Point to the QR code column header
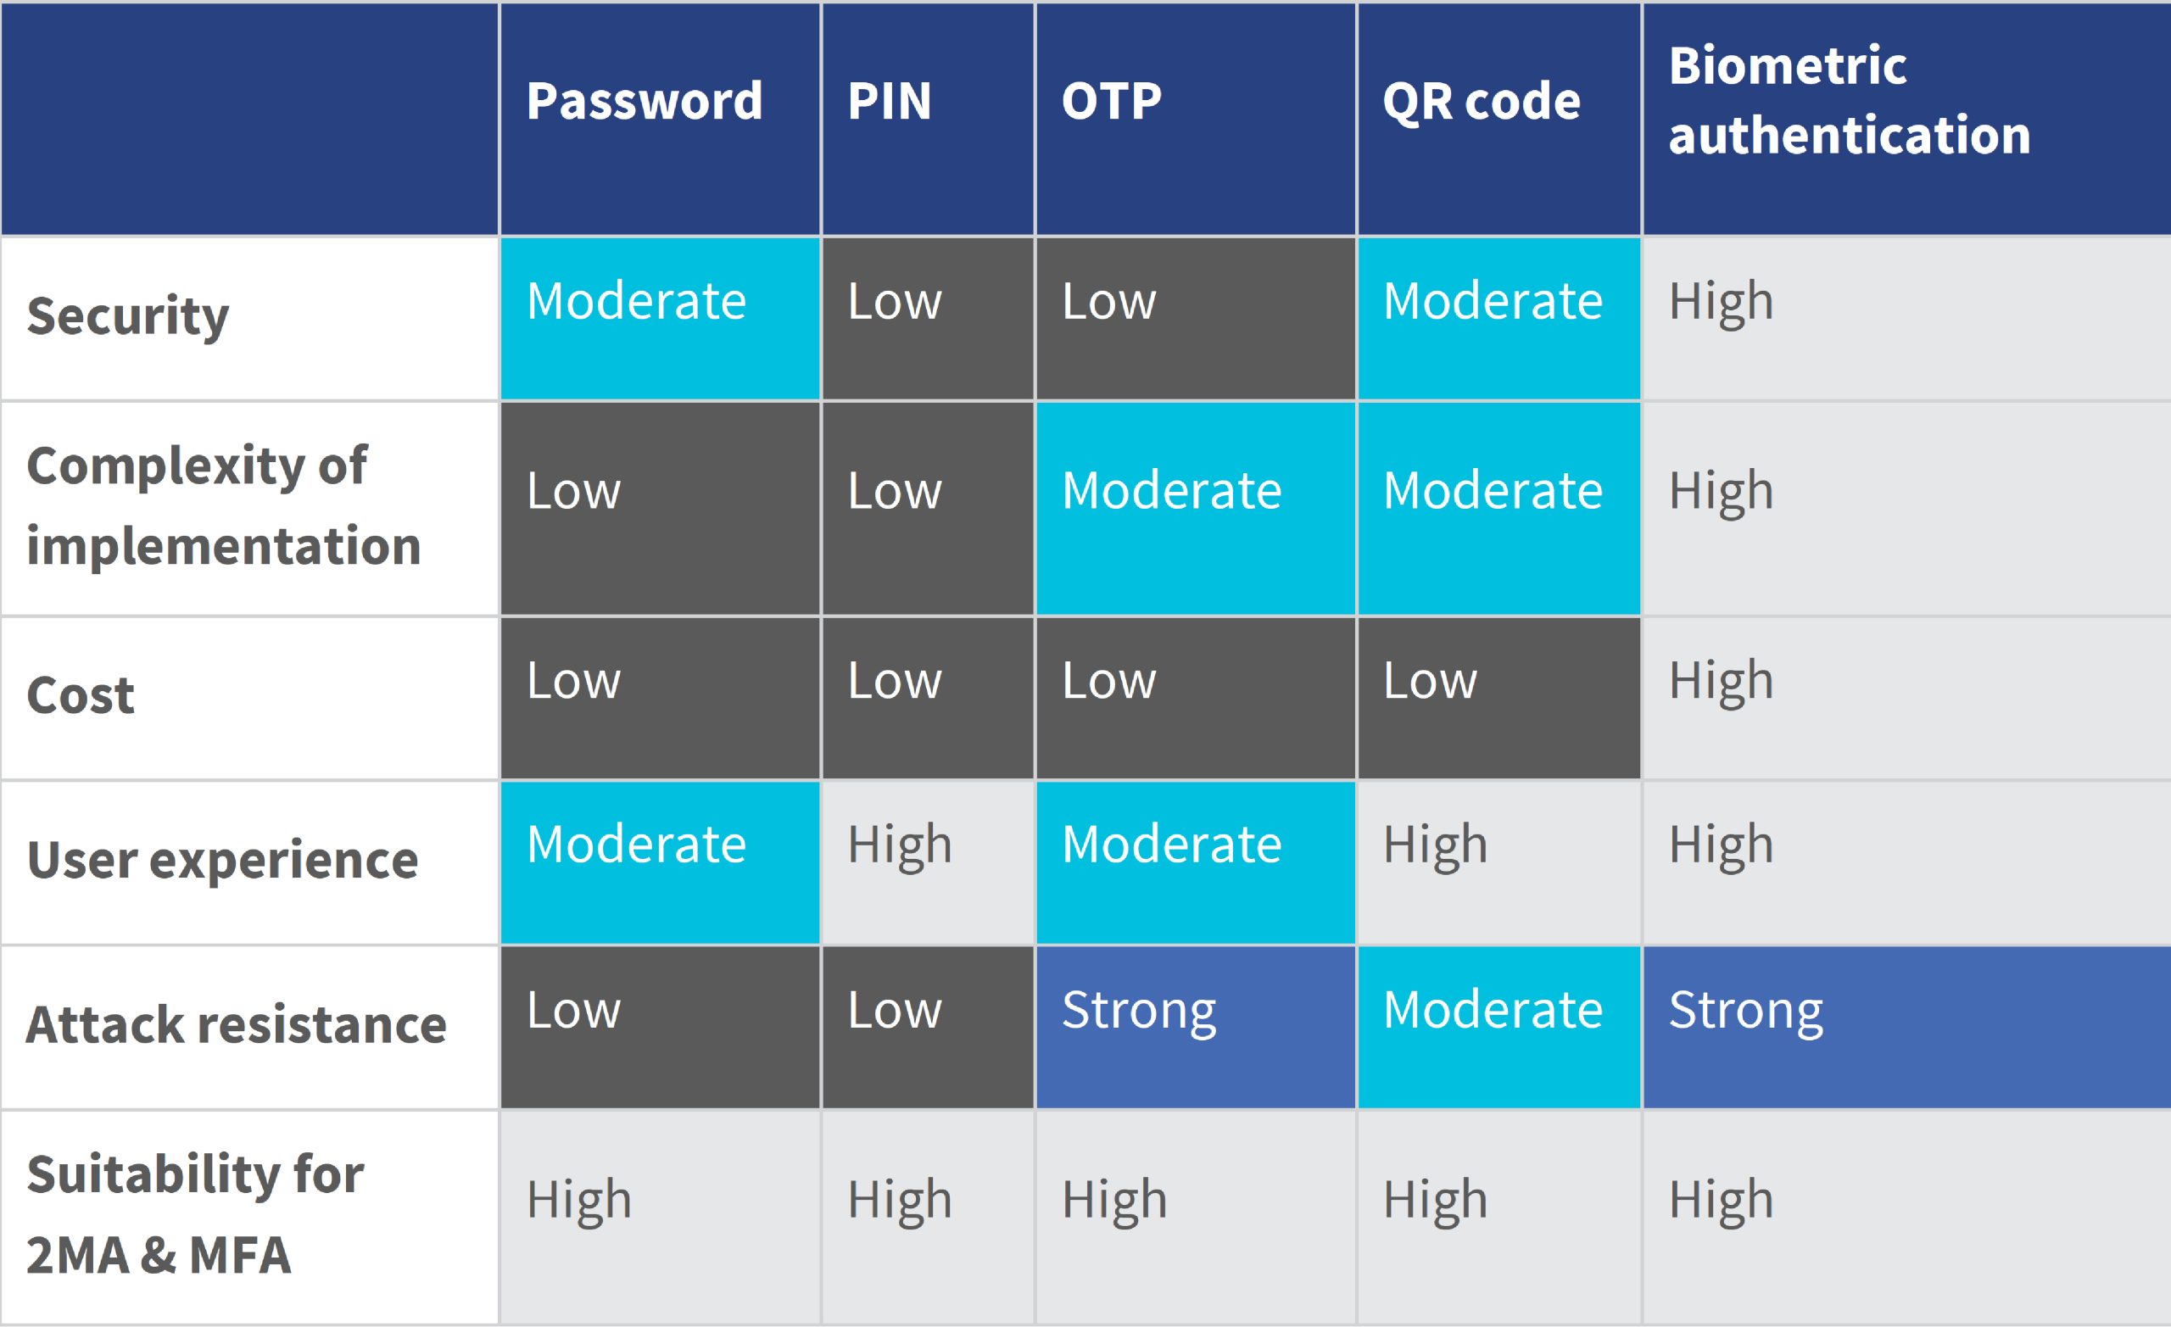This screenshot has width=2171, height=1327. tap(1481, 103)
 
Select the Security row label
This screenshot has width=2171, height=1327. tap(128, 316)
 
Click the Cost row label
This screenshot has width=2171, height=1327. tap(81, 696)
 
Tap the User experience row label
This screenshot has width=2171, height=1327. tap(222, 861)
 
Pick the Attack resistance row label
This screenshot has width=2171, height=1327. tap(236, 1025)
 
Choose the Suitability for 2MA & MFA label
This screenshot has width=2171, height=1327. tap(195, 1214)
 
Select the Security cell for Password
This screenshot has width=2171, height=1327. tap(660, 318)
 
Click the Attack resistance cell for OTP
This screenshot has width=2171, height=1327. tap(1196, 1028)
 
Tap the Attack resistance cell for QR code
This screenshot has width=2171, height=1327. tap(1498, 1028)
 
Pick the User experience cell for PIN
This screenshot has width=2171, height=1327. tap(928, 862)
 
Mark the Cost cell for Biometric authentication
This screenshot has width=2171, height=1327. tap(1906, 698)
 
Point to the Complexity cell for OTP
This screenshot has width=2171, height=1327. tap(1196, 509)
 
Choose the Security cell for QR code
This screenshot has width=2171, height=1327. tap(1498, 318)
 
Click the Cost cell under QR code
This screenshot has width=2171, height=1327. tap(1498, 698)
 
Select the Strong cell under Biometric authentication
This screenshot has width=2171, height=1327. tap(1906, 1028)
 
